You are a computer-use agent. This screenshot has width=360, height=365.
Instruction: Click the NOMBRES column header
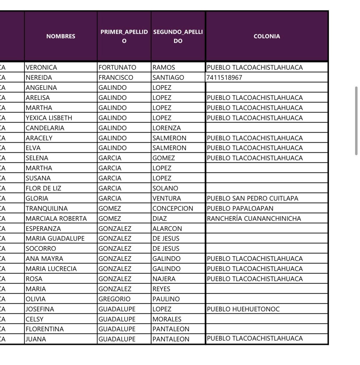point(61,36)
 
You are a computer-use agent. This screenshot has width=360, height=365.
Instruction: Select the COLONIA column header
point(267,36)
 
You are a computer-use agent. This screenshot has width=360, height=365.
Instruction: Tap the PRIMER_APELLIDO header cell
point(124,36)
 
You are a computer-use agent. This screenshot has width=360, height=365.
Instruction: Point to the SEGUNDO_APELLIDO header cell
point(178,36)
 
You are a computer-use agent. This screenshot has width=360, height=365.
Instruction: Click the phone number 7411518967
point(224,78)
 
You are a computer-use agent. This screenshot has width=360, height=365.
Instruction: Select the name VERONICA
point(41,68)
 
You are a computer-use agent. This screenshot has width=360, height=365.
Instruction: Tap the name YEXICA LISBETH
point(49,118)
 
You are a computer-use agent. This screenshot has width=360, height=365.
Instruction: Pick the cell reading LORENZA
point(166,128)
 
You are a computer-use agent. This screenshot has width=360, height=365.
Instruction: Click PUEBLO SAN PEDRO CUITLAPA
point(252,199)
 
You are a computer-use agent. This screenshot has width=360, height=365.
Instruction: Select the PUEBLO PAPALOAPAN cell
point(240,209)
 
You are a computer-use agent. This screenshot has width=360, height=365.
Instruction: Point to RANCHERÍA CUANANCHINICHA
point(254,219)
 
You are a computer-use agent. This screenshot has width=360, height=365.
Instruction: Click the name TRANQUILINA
point(47,209)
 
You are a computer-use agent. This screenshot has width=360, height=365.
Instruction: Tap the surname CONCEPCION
point(173,209)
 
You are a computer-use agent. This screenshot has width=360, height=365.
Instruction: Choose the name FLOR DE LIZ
point(43,189)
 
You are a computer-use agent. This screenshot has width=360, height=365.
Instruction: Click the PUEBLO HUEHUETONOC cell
point(243,309)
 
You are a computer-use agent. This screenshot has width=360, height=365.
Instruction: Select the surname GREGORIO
point(114,299)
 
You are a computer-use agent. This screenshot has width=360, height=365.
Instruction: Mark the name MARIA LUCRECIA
point(51,269)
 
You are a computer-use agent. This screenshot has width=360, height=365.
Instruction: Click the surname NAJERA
point(164,279)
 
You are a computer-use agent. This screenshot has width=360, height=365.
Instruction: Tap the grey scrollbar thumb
point(356,121)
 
